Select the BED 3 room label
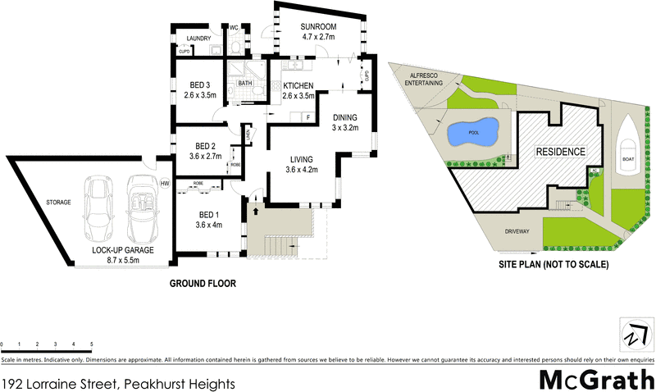click(x=200, y=85)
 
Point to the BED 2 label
click(x=200, y=146)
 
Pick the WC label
click(x=233, y=27)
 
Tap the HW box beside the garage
click(x=165, y=183)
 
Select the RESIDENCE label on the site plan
click(x=561, y=152)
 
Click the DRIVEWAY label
click(x=517, y=231)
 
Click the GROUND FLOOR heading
click(x=203, y=285)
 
